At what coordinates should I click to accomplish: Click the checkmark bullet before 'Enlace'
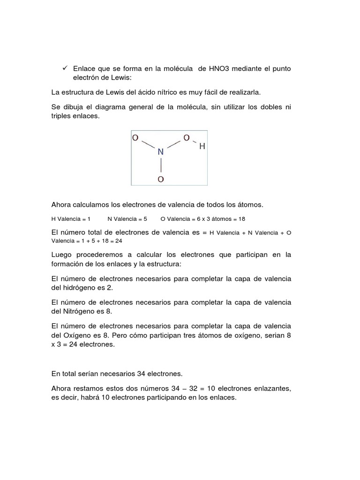click(x=65, y=68)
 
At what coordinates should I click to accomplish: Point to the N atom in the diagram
click(x=160, y=152)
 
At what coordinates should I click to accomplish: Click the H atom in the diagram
click(x=202, y=146)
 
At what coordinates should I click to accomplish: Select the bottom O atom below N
click(x=160, y=179)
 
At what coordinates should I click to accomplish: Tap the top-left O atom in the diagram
click(x=135, y=138)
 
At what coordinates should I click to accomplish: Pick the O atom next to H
click(x=186, y=138)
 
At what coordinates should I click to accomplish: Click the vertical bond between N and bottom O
click(x=160, y=165)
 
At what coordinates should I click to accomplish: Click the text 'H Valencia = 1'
click(x=71, y=219)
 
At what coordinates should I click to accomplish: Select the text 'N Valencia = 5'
click(x=127, y=219)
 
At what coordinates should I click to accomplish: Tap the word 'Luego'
click(x=62, y=255)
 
